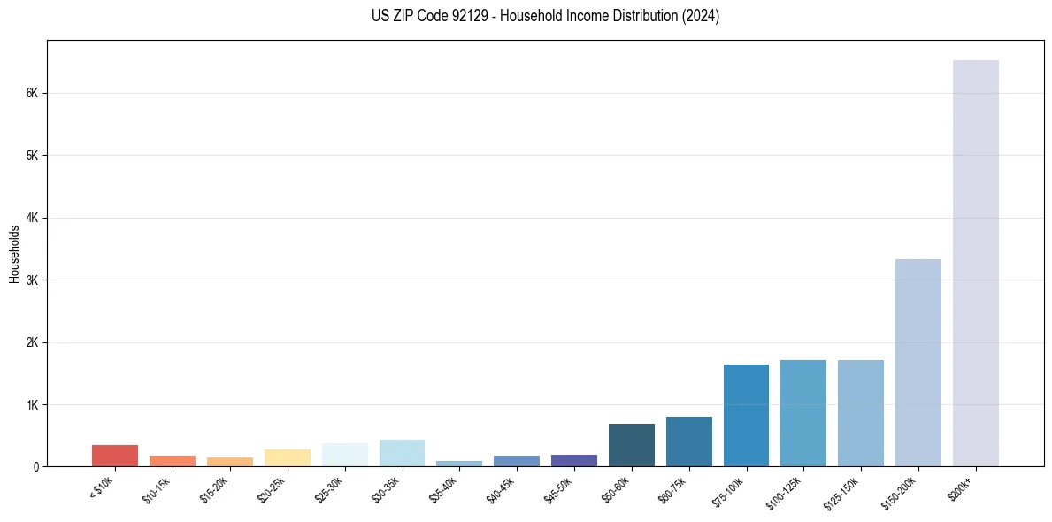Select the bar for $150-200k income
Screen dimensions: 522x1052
point(918,363)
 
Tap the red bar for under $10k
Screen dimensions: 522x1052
point(115,456)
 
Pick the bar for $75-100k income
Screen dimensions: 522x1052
point(746,415)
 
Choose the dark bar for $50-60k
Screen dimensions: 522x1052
point(632,445)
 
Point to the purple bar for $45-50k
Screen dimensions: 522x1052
point(574,460)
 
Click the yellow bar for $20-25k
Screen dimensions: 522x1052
point(288,457)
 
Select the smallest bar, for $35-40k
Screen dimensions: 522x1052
point(459,464)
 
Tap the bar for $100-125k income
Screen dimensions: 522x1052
point(803,413)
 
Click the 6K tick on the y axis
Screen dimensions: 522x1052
point(32,93)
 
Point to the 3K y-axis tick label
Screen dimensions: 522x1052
point(32,280)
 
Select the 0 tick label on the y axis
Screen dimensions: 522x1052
point(35,467)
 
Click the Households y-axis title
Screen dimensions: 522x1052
point(15,254)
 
